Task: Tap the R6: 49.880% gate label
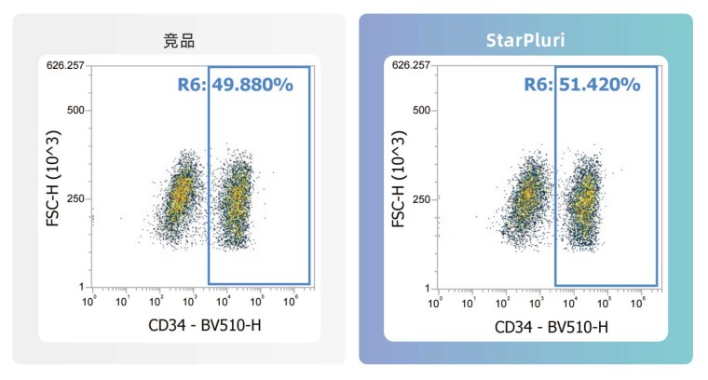pyautogui.click(x=236, y=85)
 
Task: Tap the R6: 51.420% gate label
pyautogui.click(x=583, y=85)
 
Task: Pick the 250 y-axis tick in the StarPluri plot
pyautogui.click(x=421, y=199)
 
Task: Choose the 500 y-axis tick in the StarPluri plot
pyautogui.click(x=421, y=111)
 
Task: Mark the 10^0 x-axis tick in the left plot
pyautogui.click(x=90, y=303)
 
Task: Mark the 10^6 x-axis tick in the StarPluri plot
pyautogui.click(x=639, y=303)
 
